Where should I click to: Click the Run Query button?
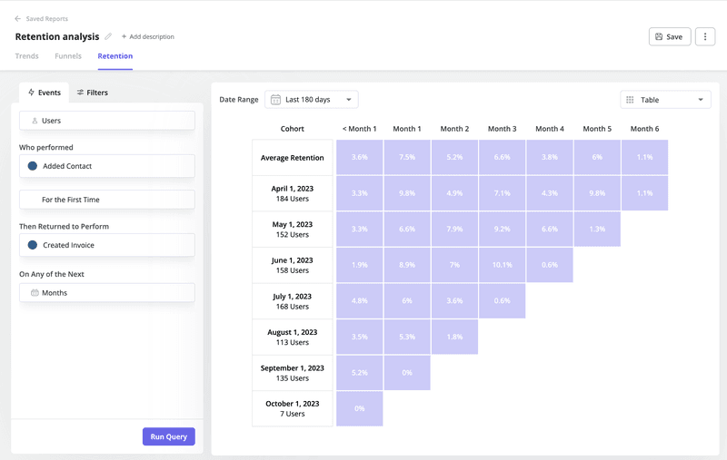pyautogui.click(x=168, y=436)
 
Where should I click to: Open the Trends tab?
pyautogui.click(x=27, y=56)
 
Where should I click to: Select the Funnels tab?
pyautogui.click(x=68, y=56)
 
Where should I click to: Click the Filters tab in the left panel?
pyautogui.click(x=92, y=93)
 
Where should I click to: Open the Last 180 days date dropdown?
pyautogui.click(x=311, y=99)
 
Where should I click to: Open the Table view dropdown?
pyautogui.click(x=665, y=100)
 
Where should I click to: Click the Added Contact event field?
pyautogui.click(x=106, y=166)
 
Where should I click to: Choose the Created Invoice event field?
pyautogui.click(x=106, y=245)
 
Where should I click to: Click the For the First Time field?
pyautogui.click(x=106, y=200)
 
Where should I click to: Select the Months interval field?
pyautogui.click(x=106, y=293)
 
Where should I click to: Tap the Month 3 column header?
pyautogui.click(x=502, y=129)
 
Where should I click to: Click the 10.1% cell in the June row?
pyautogui.click(x=502, y=264)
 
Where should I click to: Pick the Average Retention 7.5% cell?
pyautogui.click(x=407, y=157)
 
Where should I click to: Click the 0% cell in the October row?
pyautogui.click(x=359, y=408)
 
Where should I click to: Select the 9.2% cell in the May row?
pyautogui.click(x=502, y=229)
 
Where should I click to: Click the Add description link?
pyautogui.click(x=148, y=37)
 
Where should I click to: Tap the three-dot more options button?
pyautogui.click(x=705, y=37)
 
